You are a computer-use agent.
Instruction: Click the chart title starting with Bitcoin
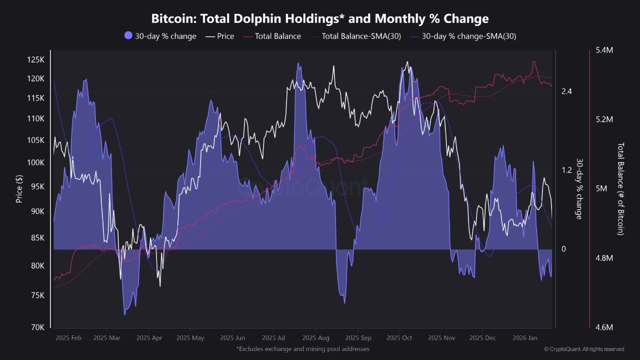pyautogui.click(x=320, y=19)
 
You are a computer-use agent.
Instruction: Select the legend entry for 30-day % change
pyautogui.click(x=160, y=36)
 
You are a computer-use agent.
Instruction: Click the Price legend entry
pyautogui.click(x=220, y=36)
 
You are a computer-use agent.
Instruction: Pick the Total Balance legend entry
pyautogui.click(x=272, y=36)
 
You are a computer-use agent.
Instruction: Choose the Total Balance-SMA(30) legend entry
pyautogui.click(x=355, y=36)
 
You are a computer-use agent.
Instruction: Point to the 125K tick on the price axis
pyautogui.click(x=35, y=60)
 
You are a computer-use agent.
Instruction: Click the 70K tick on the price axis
pyautogui.click(x=37, y=327)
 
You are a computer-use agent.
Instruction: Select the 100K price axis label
pyautogui.click(x=35, y=163)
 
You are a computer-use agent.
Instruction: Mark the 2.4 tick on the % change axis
pyautogui.click(x=566, y=91)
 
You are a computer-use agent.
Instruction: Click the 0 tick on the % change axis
pyautogui.click(x=563, y=249)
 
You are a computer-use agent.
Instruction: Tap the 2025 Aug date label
pyautogui.click(x=316, y=338)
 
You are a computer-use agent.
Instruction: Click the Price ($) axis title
pyautogui.click(x=19, y=188)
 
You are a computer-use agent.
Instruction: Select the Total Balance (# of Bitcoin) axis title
pyautogui.click(x=620, y=189)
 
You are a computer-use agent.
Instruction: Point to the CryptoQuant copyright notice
pyautogui.click(x=583, y=349)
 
